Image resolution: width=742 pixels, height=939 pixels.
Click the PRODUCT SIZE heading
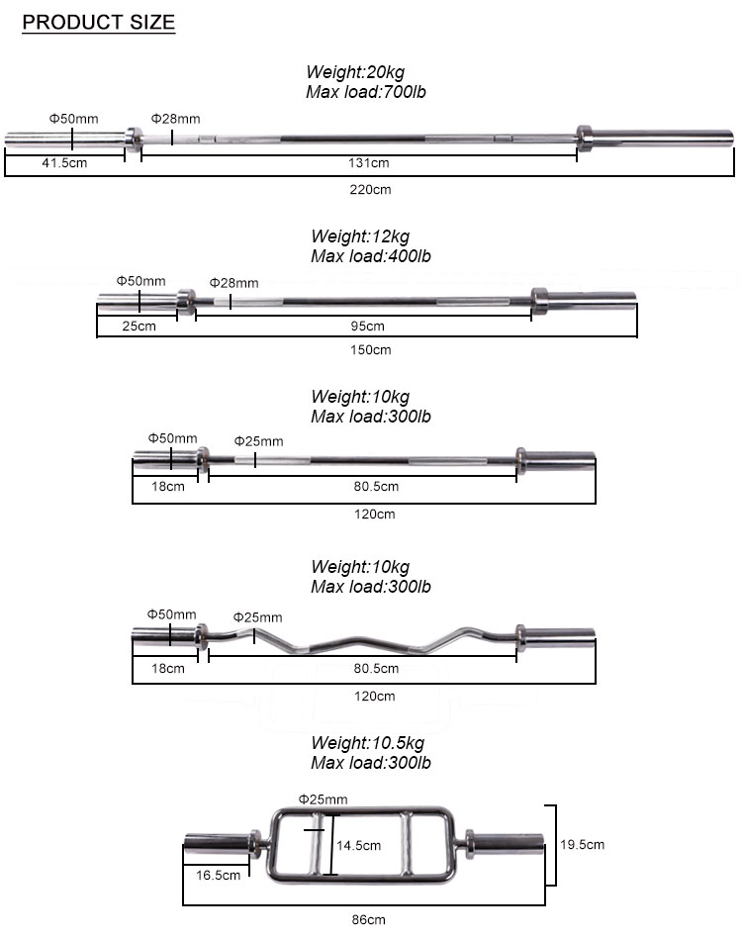pyautogui.click(x=98, y=22)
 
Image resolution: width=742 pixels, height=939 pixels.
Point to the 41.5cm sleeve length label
pyautogui.click(x=64, y=162)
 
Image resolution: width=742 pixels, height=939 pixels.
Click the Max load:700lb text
pyautogui.click(x=366, y=92)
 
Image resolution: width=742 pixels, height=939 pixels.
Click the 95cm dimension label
pyautogui.click(x=368, y=326)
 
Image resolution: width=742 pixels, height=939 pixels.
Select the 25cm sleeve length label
pyautogui.click(x=139, y=326)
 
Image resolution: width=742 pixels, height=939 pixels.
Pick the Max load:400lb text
pyautogui.click(x=371, y=256)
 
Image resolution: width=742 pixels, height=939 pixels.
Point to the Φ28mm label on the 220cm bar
pyautogui.click(x=175, y=119)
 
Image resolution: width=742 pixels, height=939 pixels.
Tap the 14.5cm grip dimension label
pyautogui.click(x=358, y=845)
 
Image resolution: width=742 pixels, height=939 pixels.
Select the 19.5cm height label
pyautogui.click(x=582, y=844)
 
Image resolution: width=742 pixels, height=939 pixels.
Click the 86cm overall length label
pyautogui.click(x=368, y=919)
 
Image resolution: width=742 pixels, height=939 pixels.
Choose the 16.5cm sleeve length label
pyautogui.click(x=219, y=875)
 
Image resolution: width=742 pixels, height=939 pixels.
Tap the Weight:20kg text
pyautogui.click(x=355, y=71)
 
